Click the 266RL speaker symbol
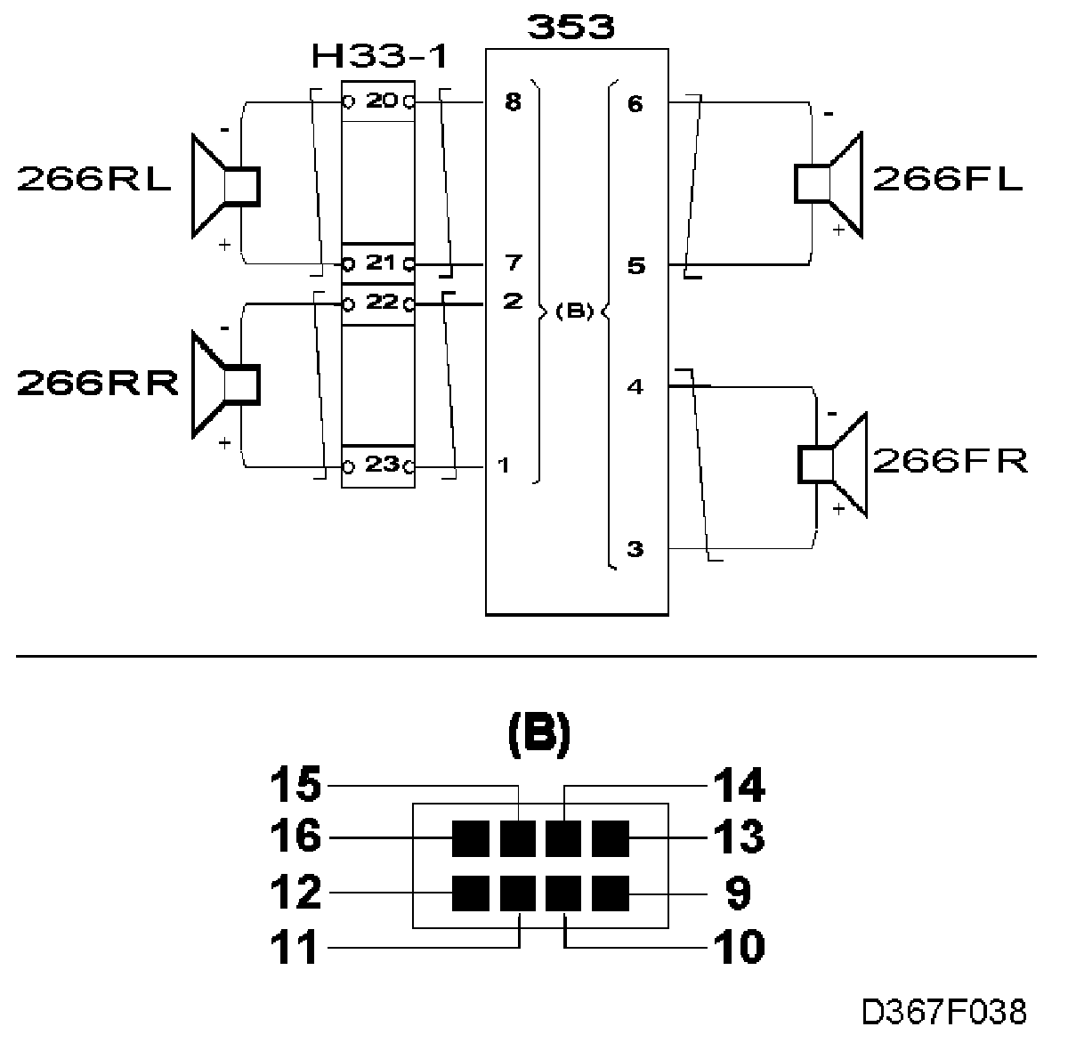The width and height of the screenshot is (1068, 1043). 225,186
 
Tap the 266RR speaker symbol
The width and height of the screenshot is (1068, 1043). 225,384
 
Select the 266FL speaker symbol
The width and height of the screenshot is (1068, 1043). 829,184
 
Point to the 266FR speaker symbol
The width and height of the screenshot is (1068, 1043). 832,465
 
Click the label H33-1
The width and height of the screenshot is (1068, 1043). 380,57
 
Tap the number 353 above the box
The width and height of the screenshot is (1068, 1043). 570,27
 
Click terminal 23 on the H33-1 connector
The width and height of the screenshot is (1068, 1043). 382,465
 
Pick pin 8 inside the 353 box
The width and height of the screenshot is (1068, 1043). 513,102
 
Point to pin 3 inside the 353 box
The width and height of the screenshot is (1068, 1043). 635,549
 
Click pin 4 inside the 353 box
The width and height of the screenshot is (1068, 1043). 635,387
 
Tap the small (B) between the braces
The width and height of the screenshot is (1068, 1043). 575,311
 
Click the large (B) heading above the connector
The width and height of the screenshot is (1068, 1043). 539,736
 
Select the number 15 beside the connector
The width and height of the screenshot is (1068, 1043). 295,785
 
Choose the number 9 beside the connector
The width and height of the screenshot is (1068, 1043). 738,893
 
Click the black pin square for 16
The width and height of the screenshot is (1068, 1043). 470,838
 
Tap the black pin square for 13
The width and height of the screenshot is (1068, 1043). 611,838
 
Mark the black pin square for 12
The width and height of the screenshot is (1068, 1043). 470,893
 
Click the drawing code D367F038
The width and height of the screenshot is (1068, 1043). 944,1012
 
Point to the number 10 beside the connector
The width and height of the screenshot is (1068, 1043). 739,947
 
